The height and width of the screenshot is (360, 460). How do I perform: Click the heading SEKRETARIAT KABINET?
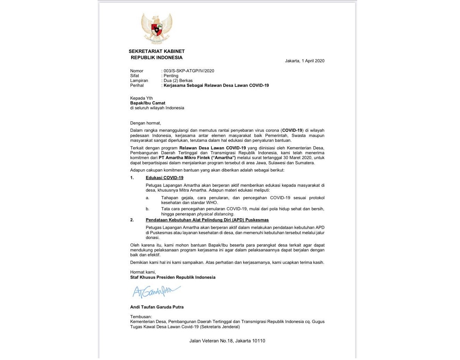coord(156,51)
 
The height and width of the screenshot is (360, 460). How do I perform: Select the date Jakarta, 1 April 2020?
coord(305,61)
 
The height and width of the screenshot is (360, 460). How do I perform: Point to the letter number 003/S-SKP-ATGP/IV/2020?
coord(189,71)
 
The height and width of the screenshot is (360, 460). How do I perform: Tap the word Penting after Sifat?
coord(171,76)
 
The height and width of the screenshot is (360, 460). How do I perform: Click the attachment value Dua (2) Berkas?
coord(178,81)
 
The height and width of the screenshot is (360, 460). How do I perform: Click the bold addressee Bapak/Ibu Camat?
coord(148,103)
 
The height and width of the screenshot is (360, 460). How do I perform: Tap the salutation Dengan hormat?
coord(145,123)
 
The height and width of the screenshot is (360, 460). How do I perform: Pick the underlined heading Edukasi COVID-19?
coord(164,178)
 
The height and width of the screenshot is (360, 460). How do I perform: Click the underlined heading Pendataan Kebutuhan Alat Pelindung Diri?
coord(207,220)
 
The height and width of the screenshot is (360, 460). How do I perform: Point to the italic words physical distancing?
coord(215,214)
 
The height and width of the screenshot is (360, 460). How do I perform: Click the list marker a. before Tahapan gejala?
coord(147,198)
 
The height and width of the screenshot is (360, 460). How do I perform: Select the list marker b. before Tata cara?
coord(147,209)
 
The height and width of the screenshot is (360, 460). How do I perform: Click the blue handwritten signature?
coord(156,291)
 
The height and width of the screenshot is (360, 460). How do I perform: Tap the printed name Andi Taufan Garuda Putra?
coord(157,307)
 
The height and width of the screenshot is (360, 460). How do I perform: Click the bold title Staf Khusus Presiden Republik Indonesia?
coord(173,277)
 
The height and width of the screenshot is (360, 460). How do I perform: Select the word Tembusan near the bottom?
coord(141,317)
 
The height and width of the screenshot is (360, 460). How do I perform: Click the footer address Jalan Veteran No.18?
coord(227,341)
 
